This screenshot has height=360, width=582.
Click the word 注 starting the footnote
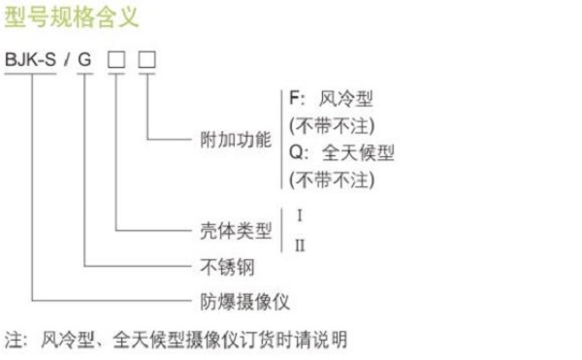(13, 341)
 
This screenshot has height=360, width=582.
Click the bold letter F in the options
(293, 98)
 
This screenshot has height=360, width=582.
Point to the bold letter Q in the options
(294, 152)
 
